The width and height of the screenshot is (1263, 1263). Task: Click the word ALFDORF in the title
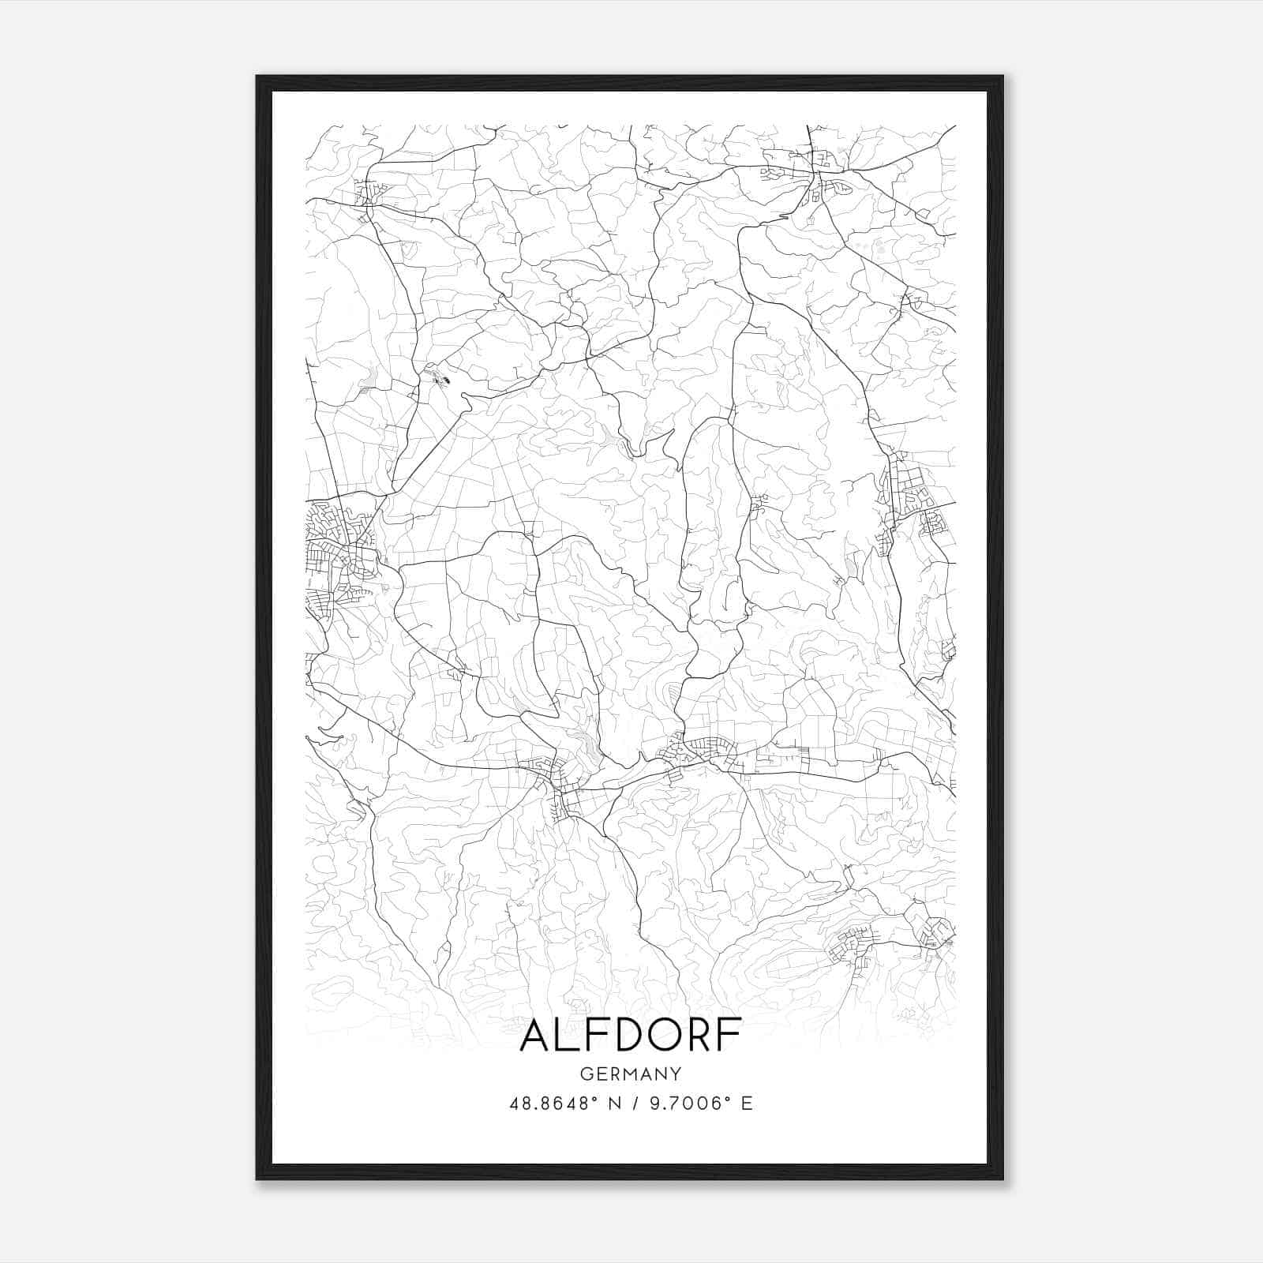(x=631, y=1036)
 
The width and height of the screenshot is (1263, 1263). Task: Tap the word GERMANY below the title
(x=631, y=1074)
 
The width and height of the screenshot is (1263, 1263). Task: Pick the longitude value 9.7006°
(x=687, y=1104)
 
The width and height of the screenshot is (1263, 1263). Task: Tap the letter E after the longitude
(x=746, y=1104)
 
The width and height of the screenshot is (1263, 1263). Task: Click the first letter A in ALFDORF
(x=536, y=1036)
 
